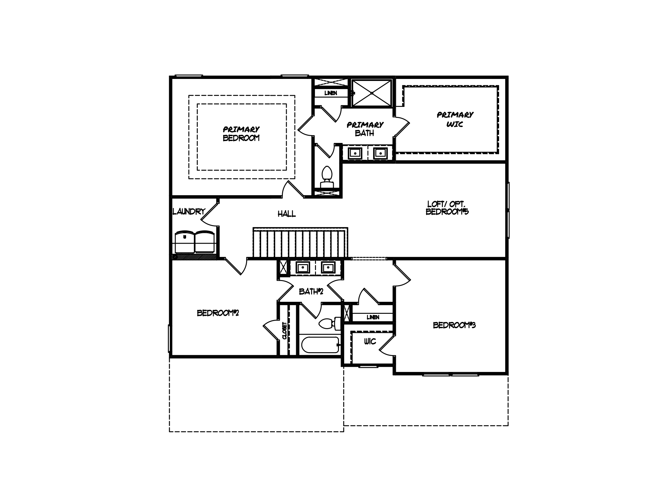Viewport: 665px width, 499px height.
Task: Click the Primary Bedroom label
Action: [x=241, y=134]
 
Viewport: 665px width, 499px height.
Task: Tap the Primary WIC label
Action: [x=455, y=119]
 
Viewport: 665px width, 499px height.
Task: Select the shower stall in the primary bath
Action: [x=372, y=93]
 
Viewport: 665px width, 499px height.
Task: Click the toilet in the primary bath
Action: [x=327, y=177]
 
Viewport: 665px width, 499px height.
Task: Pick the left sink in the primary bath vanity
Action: [x=355, y=153]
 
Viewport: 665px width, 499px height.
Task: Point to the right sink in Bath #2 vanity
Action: [x=328, y=268]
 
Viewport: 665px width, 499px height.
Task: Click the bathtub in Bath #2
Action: [x=320, y=346]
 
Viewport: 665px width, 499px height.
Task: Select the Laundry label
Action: [x=189, y=211]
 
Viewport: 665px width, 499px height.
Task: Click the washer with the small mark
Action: [x=184, y=242]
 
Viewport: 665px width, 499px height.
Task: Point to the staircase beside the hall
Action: [x=300, y=243]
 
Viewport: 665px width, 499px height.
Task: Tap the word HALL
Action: [x=287, y=214]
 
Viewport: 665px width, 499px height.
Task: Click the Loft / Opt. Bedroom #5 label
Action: [x=447, y=208]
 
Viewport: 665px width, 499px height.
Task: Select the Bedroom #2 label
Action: [x=218, y=313]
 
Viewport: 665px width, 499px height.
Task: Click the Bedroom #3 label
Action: [x=454, y=325]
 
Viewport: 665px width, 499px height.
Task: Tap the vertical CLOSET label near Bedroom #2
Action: [x=285, y=331]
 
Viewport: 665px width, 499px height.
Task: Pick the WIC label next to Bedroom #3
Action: [x=370, y=341]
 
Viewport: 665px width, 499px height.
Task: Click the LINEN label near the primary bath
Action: [x=331, y=93]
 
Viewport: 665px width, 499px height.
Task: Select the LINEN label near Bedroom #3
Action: [x=373, y=317]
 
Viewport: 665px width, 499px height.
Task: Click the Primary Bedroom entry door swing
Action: [x=292, y=190]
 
